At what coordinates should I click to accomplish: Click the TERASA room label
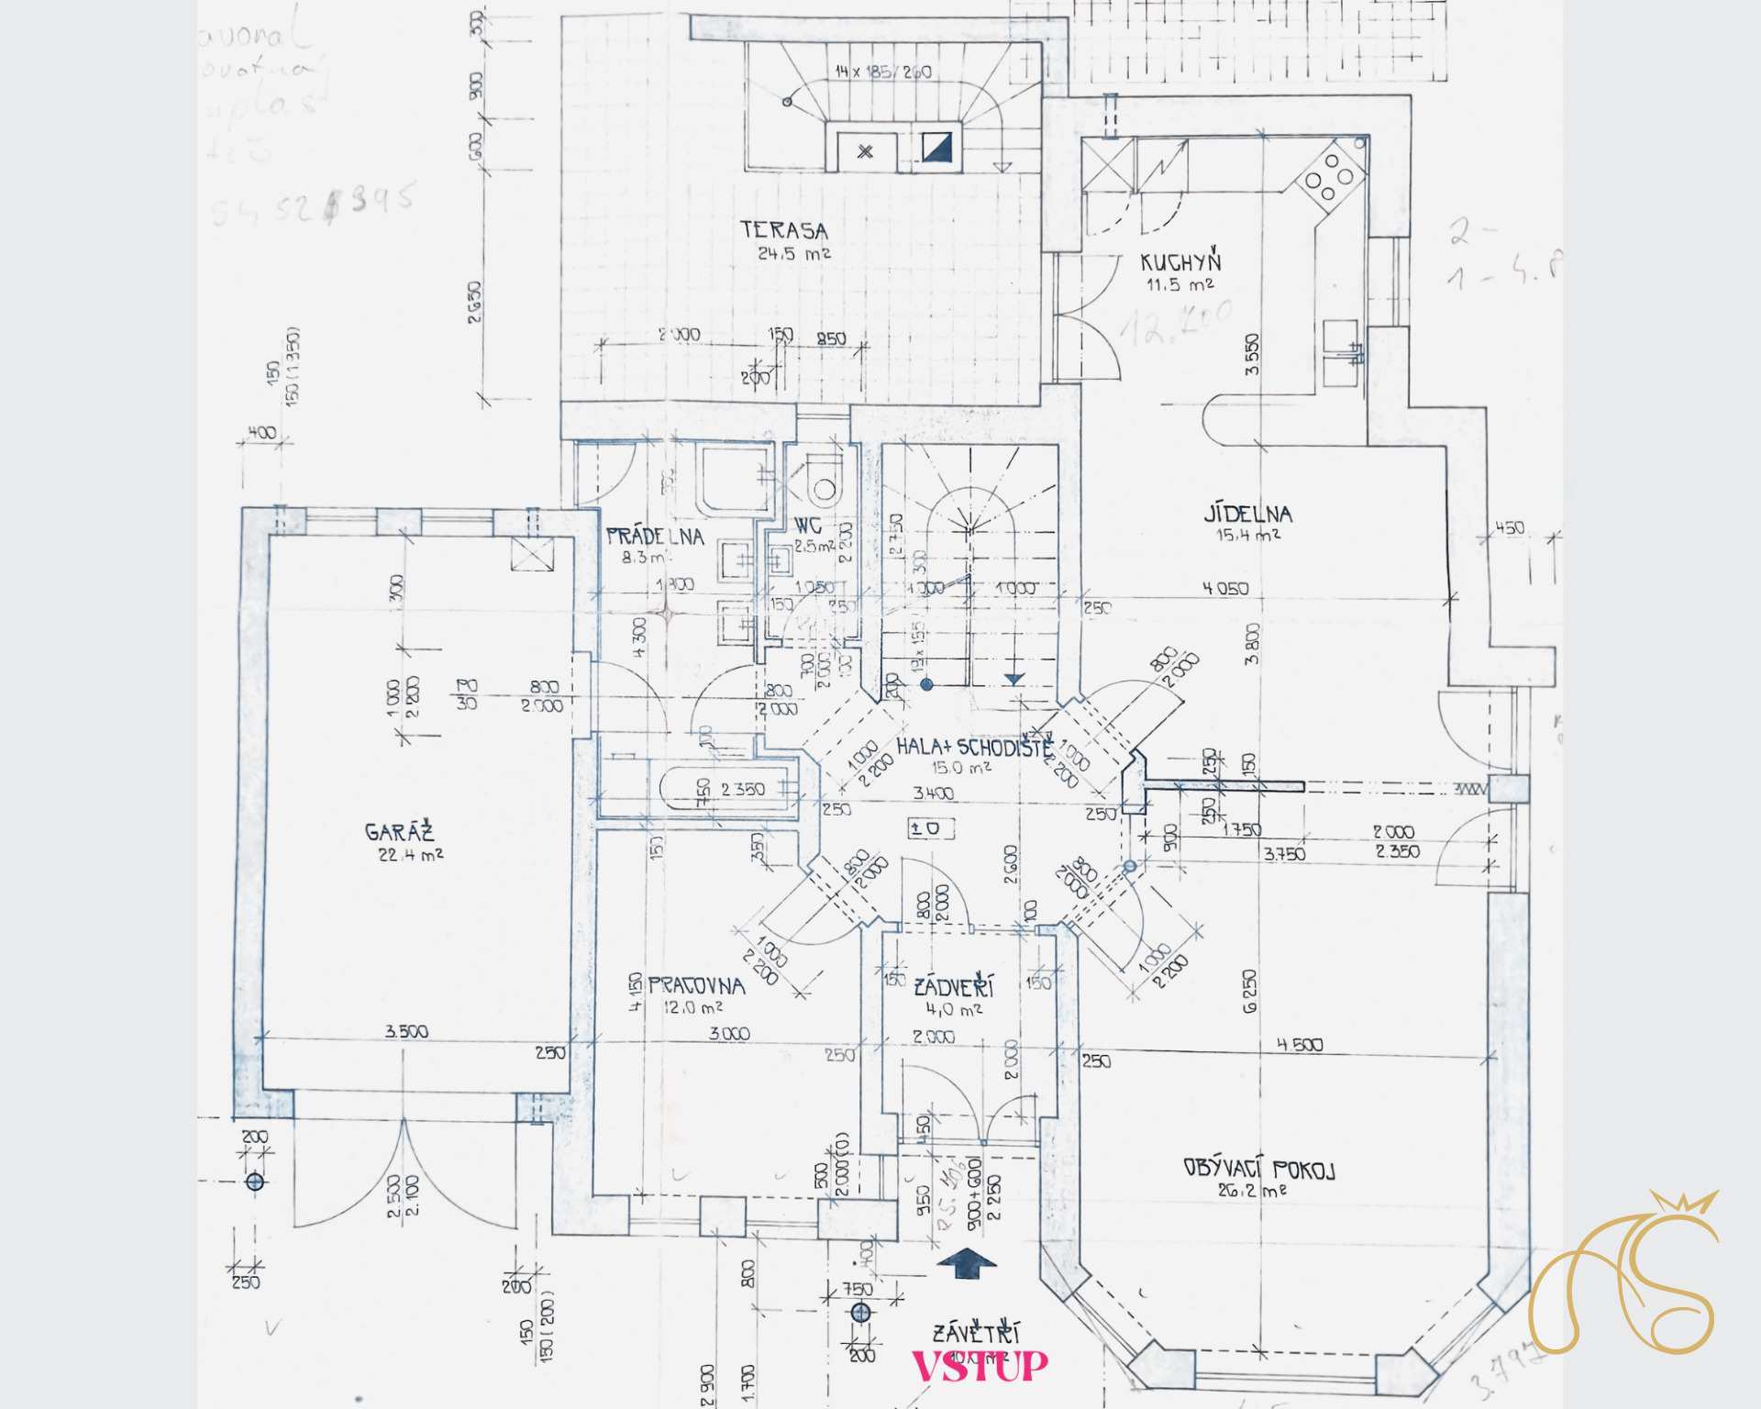click(784, 230)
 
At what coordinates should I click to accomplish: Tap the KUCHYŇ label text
click(1180, 262)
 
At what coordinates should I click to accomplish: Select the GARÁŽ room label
click(399, 832)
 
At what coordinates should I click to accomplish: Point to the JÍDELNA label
click(1247, 514)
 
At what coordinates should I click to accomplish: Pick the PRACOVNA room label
click(696, 986)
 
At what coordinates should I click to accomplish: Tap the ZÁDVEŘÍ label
click(954, 987)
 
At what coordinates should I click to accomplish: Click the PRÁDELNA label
click(655, 537)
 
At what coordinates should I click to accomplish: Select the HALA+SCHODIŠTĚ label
click(974, 747)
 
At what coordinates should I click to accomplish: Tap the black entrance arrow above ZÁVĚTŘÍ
click(967, 1263)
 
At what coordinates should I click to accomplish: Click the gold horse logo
click(1623, 1275)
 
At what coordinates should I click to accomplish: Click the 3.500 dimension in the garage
click(406, 1031)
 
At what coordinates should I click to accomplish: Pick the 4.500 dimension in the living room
click(1300, 1044)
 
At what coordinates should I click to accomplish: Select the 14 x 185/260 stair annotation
click(882, 72)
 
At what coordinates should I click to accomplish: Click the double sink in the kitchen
click(1340, 352)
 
